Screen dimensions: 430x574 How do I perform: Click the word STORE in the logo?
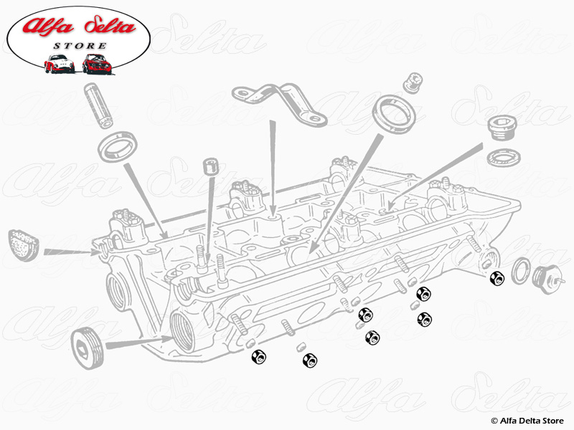click(x=80, y=47)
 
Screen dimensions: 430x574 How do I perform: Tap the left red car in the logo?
click(x=60, y=64)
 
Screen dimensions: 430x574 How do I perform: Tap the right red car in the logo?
click(x=95, y=64)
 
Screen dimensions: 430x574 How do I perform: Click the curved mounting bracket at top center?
click(x=276, y=101)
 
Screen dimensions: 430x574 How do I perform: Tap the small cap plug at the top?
click(x=411, y=82)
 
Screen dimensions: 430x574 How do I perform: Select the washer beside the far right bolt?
click(x=521, y=271)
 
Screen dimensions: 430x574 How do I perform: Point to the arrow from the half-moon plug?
click(x=71, y=251)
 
